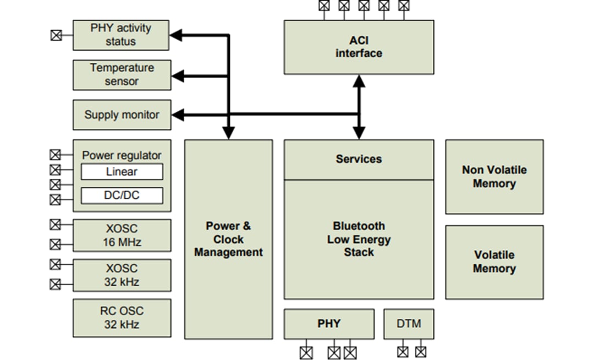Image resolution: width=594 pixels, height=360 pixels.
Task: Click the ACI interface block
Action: point(359,47)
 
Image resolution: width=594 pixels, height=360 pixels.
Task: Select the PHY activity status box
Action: point(121,35)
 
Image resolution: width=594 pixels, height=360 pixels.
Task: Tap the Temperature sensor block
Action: point(122,75)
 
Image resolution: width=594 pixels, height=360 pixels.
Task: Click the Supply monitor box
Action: point(122,115)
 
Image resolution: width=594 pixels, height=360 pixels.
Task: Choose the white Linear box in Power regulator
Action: point(122,172)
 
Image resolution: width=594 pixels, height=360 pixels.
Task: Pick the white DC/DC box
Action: point(122,195)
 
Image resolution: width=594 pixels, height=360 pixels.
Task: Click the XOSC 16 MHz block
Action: point(122,236)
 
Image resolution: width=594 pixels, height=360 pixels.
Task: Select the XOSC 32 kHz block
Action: point(122,275)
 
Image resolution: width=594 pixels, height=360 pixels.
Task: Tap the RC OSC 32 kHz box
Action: point(122,318)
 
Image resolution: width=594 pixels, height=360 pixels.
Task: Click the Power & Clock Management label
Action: point(228,239)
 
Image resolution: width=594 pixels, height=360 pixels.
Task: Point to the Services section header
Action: point(359,159)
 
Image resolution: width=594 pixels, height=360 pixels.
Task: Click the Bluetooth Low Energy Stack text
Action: point(359,239)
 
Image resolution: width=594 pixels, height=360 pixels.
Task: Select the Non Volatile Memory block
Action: point(494,177)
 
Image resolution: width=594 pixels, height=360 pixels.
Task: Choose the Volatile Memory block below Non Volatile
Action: point(494,262)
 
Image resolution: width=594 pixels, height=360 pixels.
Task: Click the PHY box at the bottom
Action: point(329,324)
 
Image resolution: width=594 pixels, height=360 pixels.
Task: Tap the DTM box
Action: point(408,324)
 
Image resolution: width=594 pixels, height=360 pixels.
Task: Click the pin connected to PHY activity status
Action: point(55,35)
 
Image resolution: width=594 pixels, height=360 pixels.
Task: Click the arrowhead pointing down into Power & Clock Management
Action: point(228,133)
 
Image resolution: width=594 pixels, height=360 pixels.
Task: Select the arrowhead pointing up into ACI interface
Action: point(359,81)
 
